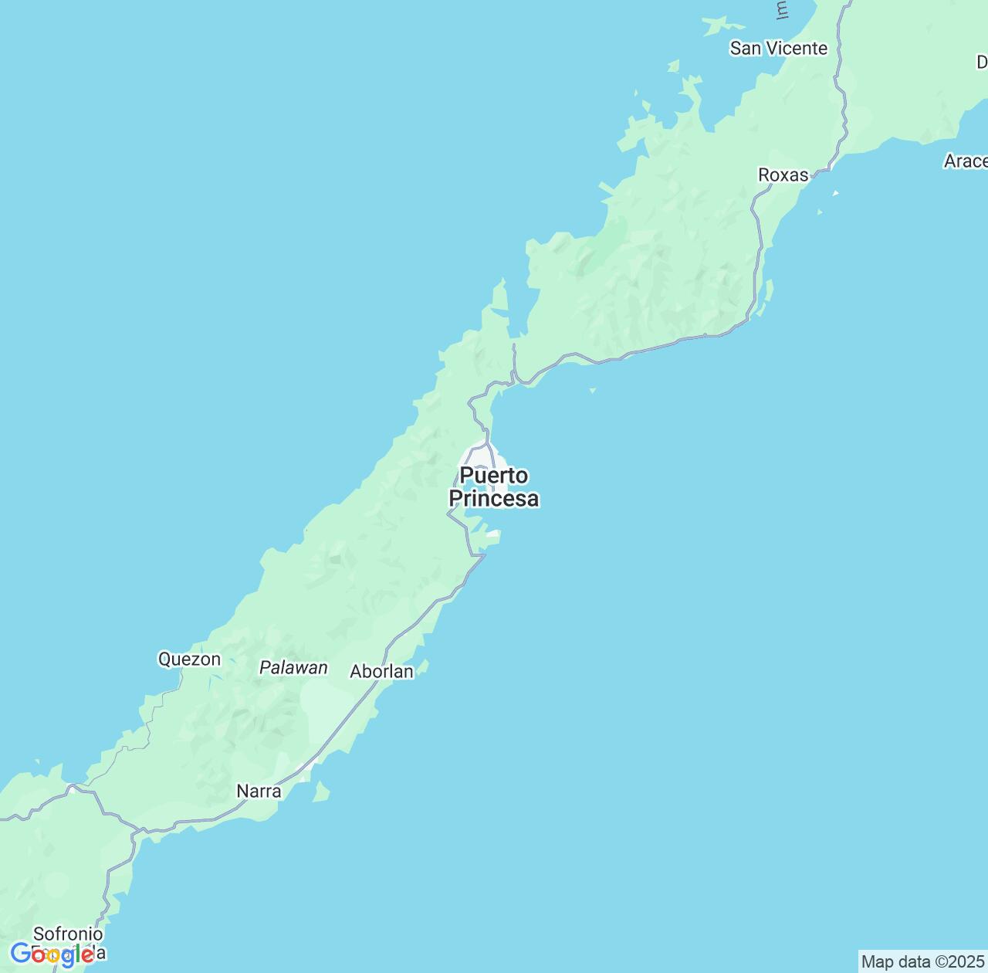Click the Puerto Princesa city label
point(494,487)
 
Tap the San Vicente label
point(778,49)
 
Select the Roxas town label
point(783,175)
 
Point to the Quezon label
point(189,659)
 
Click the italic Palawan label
point(293,668)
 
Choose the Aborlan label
point(381,672)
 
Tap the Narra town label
point(259,792)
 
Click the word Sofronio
point(68,934)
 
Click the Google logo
point(52,954)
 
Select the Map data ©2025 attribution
point(923,962)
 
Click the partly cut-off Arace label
point(966,161)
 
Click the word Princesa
point(494,500)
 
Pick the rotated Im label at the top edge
point(782,9)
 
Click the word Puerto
point(494,476)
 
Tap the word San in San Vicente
point(746,49)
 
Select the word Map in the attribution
point(877,962)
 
